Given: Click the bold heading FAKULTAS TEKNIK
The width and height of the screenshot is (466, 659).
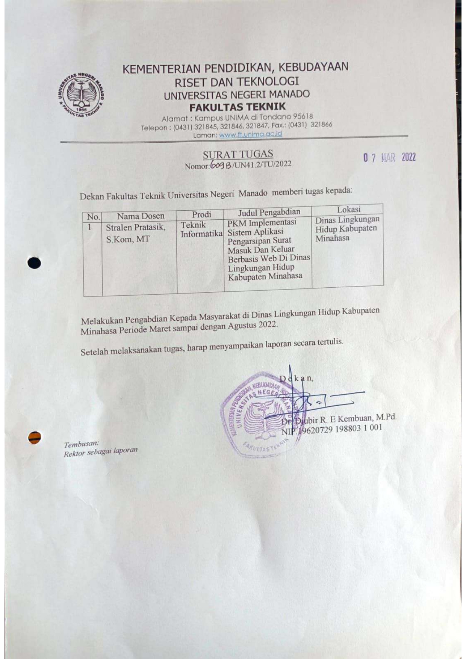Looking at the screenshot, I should [237, 107].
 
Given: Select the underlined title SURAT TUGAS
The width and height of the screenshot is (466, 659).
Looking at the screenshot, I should [238, 154].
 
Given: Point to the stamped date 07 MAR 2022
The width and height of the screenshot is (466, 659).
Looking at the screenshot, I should [389, 158].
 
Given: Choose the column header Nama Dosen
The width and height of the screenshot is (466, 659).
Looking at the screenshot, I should [141, 216].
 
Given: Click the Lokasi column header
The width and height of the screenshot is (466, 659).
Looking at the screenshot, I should [348, 210].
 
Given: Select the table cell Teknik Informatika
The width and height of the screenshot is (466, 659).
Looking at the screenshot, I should [201, 229].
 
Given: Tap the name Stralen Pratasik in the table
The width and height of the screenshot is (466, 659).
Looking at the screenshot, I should [135, 228].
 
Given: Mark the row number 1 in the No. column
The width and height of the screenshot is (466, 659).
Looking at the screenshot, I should [89, 227].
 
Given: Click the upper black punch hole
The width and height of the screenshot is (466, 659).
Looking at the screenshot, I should [34, 263].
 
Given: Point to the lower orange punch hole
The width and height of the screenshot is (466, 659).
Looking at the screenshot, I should [35, 437].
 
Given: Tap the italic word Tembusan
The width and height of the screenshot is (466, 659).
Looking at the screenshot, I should [81, 444].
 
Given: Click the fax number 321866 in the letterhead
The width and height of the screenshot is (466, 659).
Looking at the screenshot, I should [321, 125].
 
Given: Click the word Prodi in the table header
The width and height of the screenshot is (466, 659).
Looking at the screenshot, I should [201, 215].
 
